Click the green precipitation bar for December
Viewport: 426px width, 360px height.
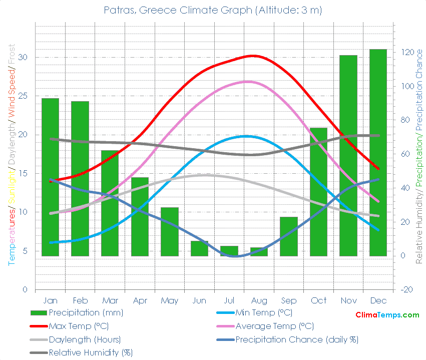(x=378, y=150)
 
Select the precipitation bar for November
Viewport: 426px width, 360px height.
(x=348, y=155)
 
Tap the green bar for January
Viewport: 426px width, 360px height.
(x=50, y=175)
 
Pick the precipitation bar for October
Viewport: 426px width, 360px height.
(x=318, y=190)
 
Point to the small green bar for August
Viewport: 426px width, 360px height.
(x=259, y=252)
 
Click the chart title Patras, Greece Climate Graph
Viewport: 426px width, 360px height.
(x=213, y=10)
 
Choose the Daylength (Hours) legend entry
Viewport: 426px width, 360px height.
(x=85, y=339)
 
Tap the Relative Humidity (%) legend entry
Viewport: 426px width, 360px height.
(x=91, y=352)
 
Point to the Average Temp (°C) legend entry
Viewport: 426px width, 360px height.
(x=274, y=326)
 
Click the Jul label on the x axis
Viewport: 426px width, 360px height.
(x=229, y=300)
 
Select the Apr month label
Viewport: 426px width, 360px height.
(x=140, y=300)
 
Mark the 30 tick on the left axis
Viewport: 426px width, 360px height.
(x=24, y=57)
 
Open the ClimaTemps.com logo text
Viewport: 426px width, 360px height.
(x=387, y=315)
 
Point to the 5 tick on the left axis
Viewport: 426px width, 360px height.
(x=25, y=251)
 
